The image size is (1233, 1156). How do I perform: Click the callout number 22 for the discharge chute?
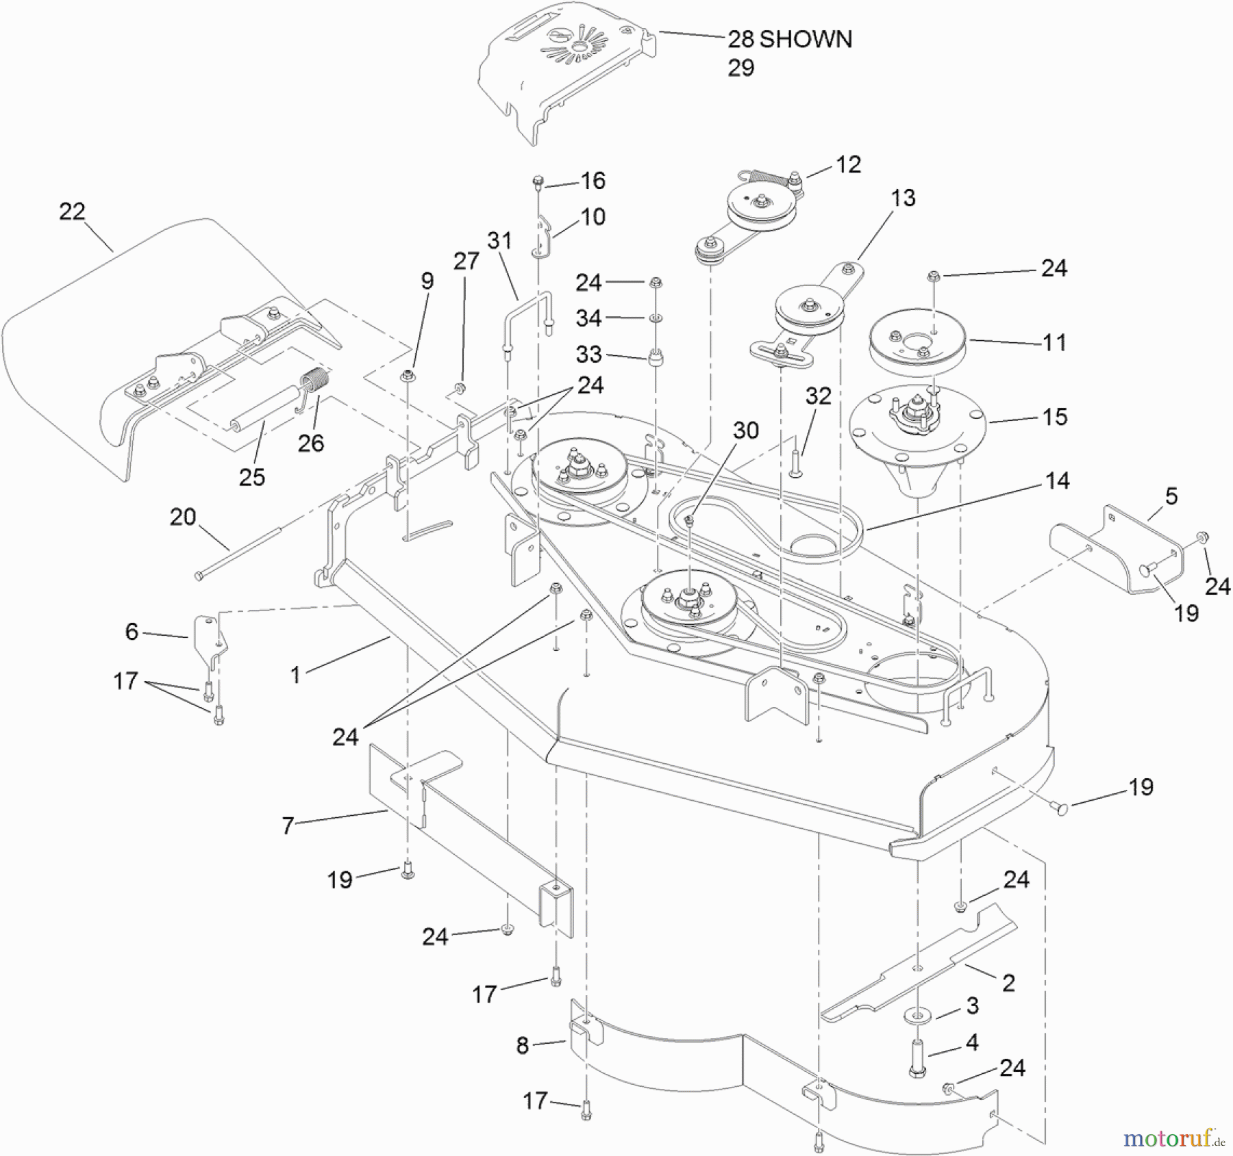(x=72, y=211)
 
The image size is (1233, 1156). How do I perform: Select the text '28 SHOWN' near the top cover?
(x=789, y=39)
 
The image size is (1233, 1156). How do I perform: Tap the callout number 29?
(x=740, y=68)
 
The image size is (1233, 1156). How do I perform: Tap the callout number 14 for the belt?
(x=1057, y=480)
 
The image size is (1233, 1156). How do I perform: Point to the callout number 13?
(x=903, y=198)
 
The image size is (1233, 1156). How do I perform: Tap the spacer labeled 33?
(x=656, y=357)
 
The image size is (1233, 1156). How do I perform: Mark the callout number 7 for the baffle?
(x=288, y=825)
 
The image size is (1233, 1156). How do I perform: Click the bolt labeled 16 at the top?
(x=538, y=182)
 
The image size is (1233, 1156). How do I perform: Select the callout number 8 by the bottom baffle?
(x=523, y=1046)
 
